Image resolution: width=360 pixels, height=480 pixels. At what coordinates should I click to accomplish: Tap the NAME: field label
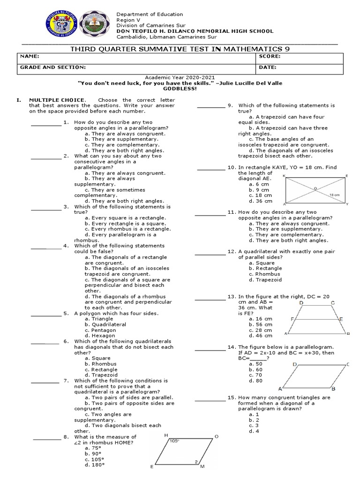pyautogui.click(x=29, y=56)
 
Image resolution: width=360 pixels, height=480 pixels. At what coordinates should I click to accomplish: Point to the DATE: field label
pyautogui.click(x=267, y=67)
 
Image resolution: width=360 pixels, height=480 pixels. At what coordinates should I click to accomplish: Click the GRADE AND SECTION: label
pyautogui.click(x=52, y=67)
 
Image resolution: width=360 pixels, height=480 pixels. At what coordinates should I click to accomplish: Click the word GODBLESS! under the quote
pyautogui.click(x=180, y=88)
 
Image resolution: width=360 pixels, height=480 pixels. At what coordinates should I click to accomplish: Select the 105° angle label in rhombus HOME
pyautogui.click(x=175, y=441)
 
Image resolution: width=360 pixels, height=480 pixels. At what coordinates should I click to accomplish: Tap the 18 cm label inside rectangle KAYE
pyautogui.click(x=334, y=194)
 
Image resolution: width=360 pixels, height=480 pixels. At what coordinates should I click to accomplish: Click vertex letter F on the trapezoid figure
pyautogui.click(x=292, y=319)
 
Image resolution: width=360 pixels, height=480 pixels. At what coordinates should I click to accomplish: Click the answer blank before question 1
pyautogui.click(x=46, y=124)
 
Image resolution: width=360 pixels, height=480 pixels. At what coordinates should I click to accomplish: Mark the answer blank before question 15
pyautogui.click(x=210, y=400)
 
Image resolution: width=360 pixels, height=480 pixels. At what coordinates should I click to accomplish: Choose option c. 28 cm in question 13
pyautogui.click(x=260, y=330)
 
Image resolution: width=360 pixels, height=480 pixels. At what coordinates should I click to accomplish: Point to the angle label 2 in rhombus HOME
pyautogui.click(x=196, y=462)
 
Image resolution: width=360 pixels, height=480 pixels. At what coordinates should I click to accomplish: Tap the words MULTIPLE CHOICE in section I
pyautogui.click(x=57, y=100)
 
